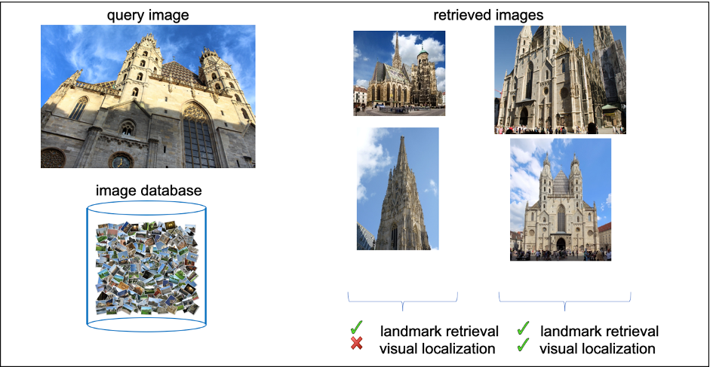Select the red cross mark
tap(358, 345)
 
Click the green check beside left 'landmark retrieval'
tap(358, 328)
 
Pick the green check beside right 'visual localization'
tap(523, 346)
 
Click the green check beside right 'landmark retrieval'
tap(523, 328)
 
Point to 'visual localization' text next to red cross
tap(438, 348)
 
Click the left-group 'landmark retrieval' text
tap(439, 331)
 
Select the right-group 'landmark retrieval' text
tap(599, 331)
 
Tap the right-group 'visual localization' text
tap(598, 348)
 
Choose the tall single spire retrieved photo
tap(398, 188)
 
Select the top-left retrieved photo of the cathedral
tap(399, 73)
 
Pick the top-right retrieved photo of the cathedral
tap(560, 79)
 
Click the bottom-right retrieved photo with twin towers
tap(561, 199)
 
